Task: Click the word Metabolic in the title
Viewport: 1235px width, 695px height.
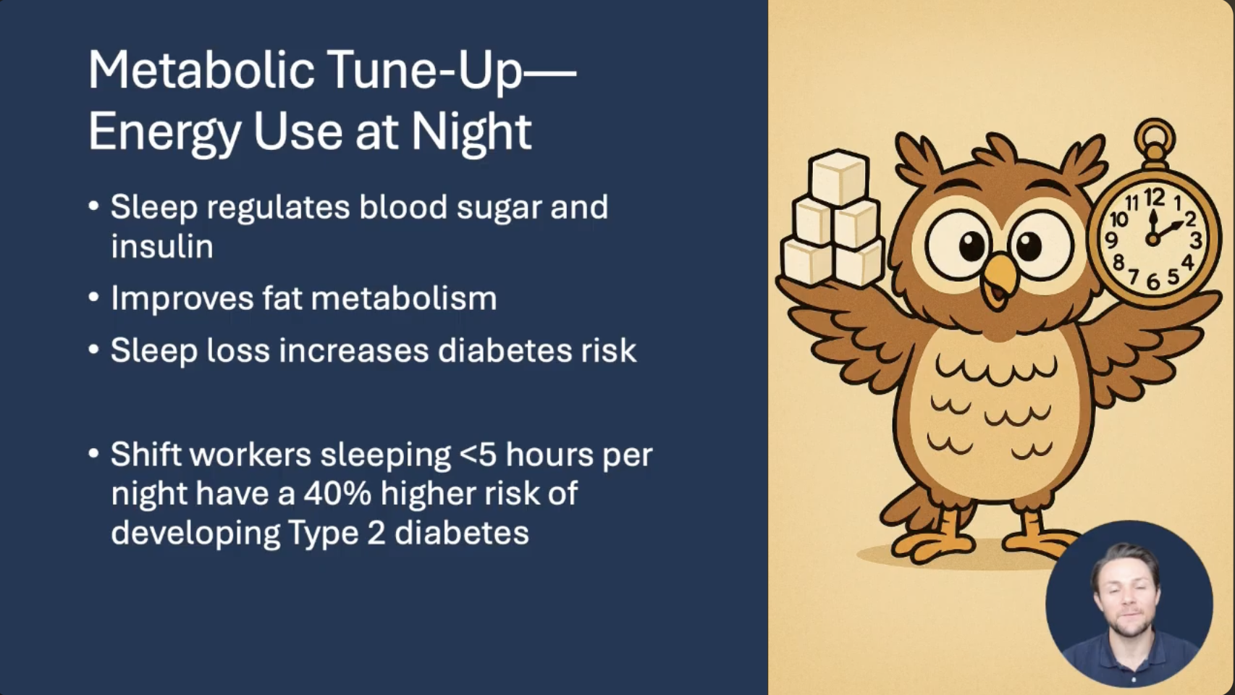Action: tap(201, 70)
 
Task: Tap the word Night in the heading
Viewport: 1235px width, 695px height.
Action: tap(471, 131)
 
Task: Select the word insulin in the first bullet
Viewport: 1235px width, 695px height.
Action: tap(162, 246)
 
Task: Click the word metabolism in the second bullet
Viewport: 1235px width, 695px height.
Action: tap(403, 298)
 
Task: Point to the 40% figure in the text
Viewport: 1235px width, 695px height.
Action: tap(337, 493)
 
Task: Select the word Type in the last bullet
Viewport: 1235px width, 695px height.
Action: tap(323, 534)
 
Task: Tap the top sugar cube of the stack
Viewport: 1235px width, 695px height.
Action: tap(838, 177)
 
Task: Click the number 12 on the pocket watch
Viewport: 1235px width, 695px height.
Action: tap(1154, 197)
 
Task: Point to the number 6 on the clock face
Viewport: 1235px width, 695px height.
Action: tap(1153, 282)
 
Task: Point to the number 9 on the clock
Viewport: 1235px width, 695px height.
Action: tap(1111, 240)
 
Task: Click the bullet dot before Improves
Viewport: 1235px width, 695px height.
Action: tap(93, 298)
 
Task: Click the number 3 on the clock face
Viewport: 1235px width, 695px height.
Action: tap(1196, 240)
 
